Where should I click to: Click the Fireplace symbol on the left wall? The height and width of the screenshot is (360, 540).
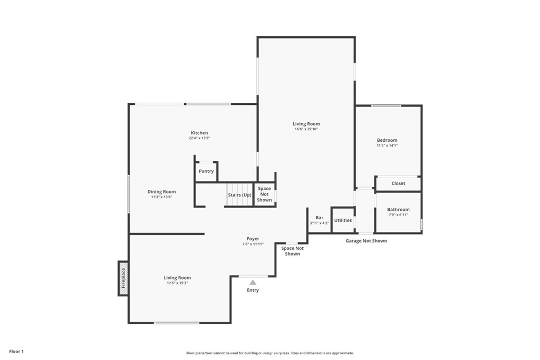tap(123, 278)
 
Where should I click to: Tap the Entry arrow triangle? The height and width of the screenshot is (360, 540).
tap(253, 283)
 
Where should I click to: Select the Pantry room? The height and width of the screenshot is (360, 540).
tap(206, 171)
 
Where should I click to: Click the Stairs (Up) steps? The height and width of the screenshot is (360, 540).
tap(239, 194)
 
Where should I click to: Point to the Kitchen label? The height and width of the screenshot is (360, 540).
tap(199, 133)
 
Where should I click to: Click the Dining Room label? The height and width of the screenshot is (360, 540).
tap(161, 192)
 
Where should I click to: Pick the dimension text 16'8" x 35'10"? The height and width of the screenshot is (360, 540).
tap(306, 129)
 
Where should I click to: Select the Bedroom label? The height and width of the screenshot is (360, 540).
tap(387, 140)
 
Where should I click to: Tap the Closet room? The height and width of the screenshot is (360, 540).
tap(398, 183)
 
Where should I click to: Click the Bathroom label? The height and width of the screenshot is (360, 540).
tap(398, 209)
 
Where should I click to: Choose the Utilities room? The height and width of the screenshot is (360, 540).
tap(343, 220)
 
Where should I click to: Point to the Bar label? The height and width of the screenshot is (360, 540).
tap(319, 217)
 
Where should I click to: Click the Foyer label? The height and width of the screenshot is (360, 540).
tap(253, 239)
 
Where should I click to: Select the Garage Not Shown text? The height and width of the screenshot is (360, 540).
tap(366, 241)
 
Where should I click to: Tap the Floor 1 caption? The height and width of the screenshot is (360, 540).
tap(16, 351)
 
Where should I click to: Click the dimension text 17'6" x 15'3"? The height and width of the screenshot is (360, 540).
tap(177, 283)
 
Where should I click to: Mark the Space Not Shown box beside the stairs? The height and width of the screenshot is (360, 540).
tap(264, 194)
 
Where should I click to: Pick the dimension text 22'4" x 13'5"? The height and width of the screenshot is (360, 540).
tap(199, 138)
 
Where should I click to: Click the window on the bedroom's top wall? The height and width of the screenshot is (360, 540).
tap(386, 106)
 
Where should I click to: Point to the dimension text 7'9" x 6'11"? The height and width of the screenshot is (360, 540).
tap(398, 215)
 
